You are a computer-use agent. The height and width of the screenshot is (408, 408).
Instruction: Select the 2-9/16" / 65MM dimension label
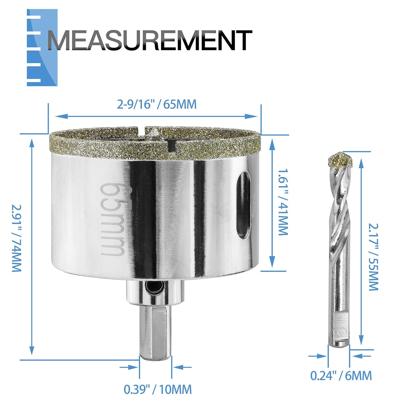156,104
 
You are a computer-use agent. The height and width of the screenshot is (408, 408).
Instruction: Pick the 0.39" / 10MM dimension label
158,389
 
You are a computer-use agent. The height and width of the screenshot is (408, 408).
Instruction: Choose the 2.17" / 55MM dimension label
373,257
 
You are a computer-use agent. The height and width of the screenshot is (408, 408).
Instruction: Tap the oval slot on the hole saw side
244,207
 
